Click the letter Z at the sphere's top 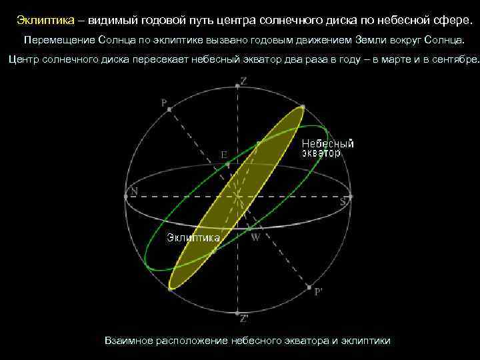point(244,81)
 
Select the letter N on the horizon point(135,191)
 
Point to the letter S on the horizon point(343,200)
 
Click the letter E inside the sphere point(225,154)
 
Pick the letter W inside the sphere point(255,237)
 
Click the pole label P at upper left point(164,103)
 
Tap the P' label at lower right point(319,291)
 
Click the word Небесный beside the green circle point(327,143)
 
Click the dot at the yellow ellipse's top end point(303,107)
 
